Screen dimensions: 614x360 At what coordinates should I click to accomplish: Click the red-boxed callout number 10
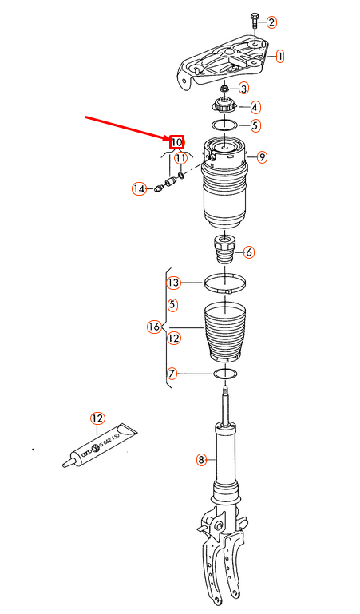click(177, 142)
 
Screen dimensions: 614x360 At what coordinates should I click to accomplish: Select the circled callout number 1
click(279, 56)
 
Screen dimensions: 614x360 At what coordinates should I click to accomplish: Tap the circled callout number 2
click(271, 22)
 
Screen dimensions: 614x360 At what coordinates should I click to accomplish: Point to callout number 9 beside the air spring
click(262, 157)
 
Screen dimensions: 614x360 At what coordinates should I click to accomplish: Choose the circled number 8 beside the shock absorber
click(201, 459)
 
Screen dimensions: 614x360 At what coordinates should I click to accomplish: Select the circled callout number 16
click(154, 327)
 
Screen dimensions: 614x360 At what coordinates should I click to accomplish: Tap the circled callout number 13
click(173, 282)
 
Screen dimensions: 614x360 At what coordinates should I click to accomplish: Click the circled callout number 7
click(172, 373)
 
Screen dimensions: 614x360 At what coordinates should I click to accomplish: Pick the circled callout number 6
click(249, 252)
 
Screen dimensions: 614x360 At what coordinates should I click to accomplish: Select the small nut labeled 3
click(224, 87)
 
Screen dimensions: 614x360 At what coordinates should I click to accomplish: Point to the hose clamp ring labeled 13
click(224, 282)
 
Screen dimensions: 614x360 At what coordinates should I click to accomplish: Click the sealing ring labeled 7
click(224, 374)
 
